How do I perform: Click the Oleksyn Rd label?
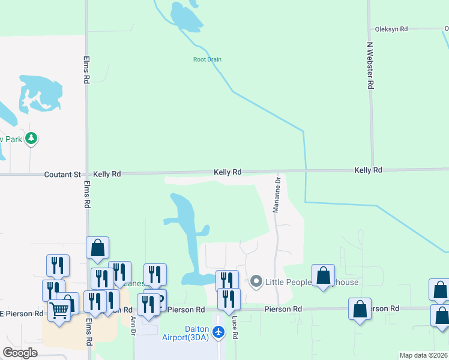391,29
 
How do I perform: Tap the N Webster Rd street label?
370,66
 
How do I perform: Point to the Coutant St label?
62,175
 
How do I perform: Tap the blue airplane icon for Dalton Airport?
218,331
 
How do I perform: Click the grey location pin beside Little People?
257,281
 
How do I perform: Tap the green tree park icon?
31,139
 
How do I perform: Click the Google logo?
20,353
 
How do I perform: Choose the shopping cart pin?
59,310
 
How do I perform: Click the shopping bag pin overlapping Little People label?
323,275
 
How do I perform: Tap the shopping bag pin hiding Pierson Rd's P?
360,310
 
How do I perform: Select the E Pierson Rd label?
22,314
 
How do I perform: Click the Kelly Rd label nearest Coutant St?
107,174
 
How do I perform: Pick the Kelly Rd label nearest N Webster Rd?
368,170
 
